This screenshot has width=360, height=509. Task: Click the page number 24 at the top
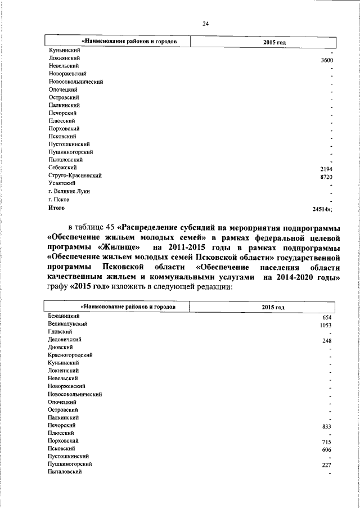pyautogui.click(x=205, y=23)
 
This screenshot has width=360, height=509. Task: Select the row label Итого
pyautogui.click(x=57, y=208)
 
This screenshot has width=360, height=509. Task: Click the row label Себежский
pyautogui.click(x=63, y=168)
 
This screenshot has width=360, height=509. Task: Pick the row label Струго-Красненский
pyautogui.click(x=75, y=175)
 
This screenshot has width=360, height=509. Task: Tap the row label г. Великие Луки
pyautogui.click(x=69, y=191)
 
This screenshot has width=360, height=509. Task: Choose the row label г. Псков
pyautogui.click(x=60, y=199)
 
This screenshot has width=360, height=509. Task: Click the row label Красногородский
pyautogui.click(x=71, y=355)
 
